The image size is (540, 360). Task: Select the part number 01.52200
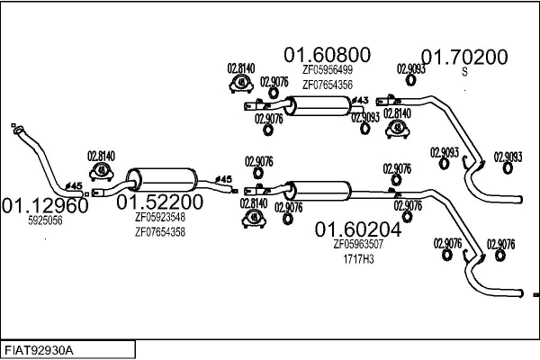159,202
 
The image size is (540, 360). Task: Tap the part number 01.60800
326,55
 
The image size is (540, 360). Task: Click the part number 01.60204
357,229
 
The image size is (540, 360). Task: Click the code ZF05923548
159,217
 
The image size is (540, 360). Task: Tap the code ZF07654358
159,231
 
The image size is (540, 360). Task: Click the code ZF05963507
358,244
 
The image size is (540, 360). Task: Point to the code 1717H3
358,258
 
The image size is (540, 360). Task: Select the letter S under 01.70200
464,72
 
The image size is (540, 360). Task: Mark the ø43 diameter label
359,99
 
